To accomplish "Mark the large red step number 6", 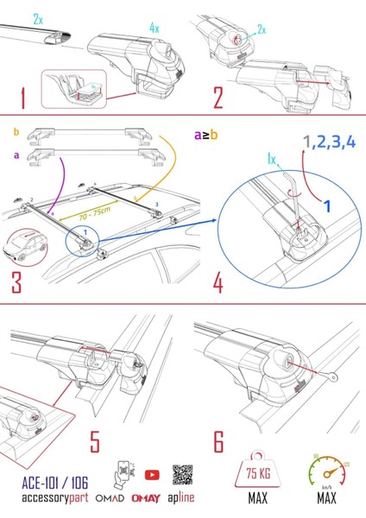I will click(x=218, y=441).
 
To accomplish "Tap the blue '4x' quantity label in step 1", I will click(x=155, y=28).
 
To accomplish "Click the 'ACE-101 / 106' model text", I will click(x=43, y=484).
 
